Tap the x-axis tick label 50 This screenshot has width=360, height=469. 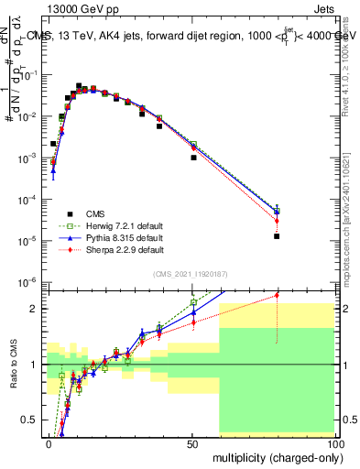click(x=191, y=443)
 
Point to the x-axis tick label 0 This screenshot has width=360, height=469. click(x=48, y=443)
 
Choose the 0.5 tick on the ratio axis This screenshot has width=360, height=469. click(x=31, y=420)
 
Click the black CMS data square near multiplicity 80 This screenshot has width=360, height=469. click(x=277, y=236)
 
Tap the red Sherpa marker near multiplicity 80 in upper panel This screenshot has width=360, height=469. click(x=277, y=221)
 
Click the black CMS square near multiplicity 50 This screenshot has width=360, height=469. click(x=193, y=158)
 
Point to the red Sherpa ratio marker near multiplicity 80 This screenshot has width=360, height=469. click(x=277, y=295)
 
